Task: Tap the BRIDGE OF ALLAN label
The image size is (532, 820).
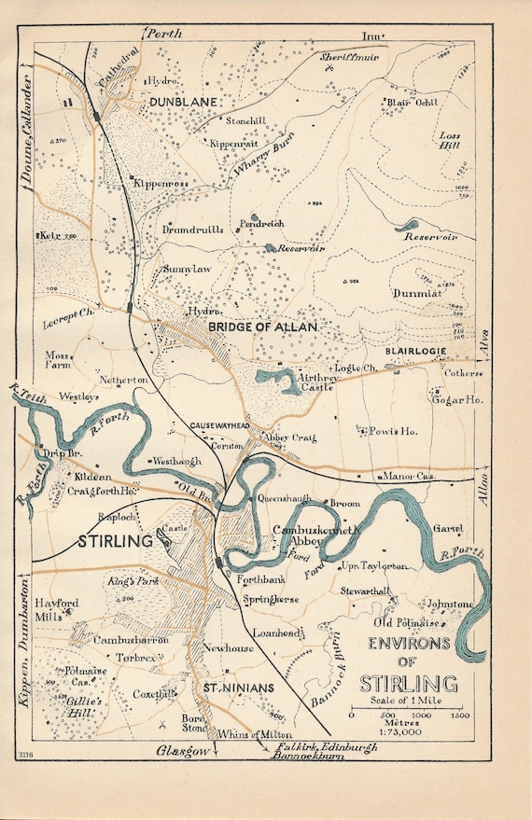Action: (262, 327)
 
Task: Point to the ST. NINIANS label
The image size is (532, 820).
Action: (238, 688)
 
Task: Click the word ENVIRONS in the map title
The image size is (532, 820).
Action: (408, 644)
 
